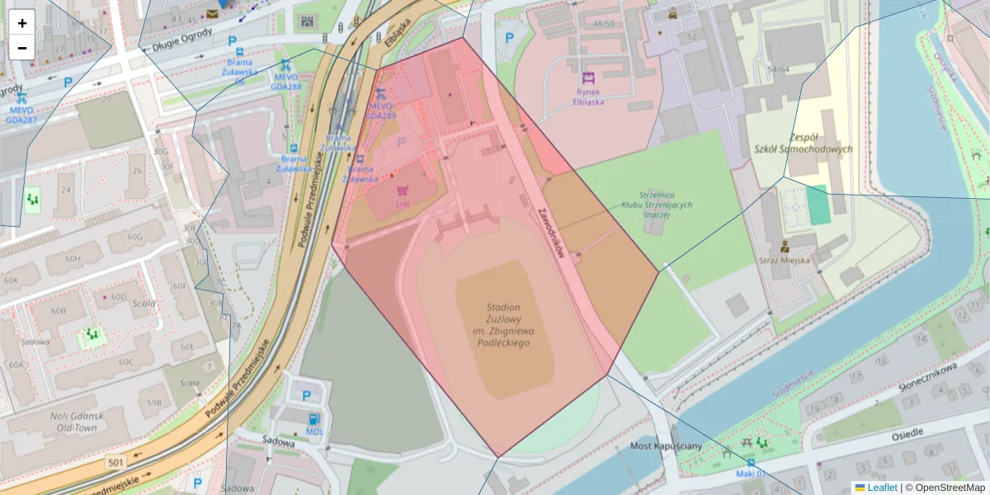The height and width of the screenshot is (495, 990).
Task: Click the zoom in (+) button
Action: [22, 23]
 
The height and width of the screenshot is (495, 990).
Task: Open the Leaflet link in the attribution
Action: [881, 488]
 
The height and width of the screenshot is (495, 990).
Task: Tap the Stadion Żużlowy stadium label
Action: [503, 324]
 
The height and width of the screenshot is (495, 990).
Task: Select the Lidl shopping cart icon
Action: [403, 191]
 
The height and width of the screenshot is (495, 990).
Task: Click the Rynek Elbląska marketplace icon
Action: [588, 78]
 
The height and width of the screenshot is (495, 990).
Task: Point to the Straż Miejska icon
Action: [785, 245]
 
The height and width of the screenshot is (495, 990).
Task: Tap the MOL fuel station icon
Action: [313, 418]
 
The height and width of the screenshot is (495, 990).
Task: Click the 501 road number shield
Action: [115, 464]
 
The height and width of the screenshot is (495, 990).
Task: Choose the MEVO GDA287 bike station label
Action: [21, 115]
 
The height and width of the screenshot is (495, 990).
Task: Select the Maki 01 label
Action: [752, 474]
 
